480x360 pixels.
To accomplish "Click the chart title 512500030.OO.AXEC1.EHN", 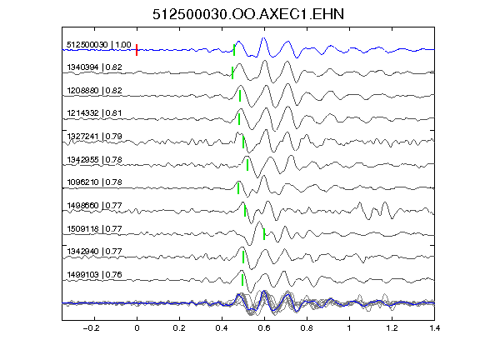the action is pyautogui.click(x=248, y=14).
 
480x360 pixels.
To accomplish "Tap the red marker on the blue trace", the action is pyautogui.click(x=137, y=50).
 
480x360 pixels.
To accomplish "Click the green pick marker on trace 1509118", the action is pyautogui.click(x=264, y=234).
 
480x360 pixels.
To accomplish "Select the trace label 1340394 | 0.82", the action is pyautogui.click(x=95, y=67).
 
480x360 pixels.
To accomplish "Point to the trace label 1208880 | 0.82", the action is pyautogui.click(x=95, y=90).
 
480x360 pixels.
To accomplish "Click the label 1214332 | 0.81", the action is pyautogui.click(x=95, y=113).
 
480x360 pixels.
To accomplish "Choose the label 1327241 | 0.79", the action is pyautogui.click(x=95, y=136).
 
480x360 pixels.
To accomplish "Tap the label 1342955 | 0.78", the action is pyautogui.click(x=95, y=159).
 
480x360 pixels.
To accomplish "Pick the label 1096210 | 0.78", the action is pyautogui.click(x=95, y=182).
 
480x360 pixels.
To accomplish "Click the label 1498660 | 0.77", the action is pyautogui.click(x=95, y=205).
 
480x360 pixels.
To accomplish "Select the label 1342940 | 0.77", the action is pyautogui.click(x=95, y=252).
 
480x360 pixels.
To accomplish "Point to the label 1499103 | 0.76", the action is pyautogui.click(x=95, y=274).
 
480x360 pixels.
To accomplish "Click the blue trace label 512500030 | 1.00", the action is pyautogui.click(x=99, y=45).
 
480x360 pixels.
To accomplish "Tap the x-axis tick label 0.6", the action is pyautogui.click(x=264, y=328).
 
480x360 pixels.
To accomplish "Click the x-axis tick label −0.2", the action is pyautogui.click(x=91, y=328).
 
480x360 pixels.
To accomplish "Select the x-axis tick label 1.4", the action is pyautogui.click(x=434, y=328).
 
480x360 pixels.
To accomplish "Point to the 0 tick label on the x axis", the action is pyautogui.click(x=137, y=328).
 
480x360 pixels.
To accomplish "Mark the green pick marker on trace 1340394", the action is pyautogui.click(x=232, y=72).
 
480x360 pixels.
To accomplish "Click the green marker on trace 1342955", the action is pyautogui.click(x=247, y=165).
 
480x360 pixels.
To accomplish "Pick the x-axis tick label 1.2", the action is pyautogui.click(x=392, y=328).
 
